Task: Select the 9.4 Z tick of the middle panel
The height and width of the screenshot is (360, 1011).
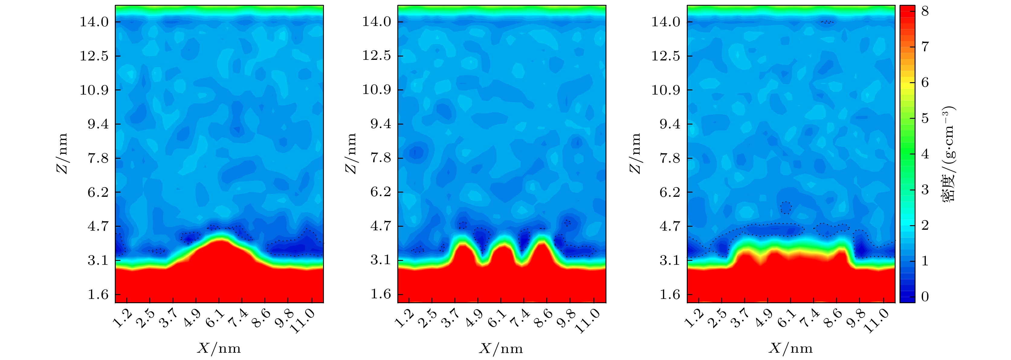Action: click(377, 124)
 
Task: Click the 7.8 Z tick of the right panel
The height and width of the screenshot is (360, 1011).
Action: click(667, 158)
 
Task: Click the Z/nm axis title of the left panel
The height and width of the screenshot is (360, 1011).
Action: click(62, 153)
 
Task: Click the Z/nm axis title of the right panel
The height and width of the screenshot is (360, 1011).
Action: click(635, 153)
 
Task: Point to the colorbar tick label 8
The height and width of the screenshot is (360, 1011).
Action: click(925, 11)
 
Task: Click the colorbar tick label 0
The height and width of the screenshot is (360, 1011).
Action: click(925, 297)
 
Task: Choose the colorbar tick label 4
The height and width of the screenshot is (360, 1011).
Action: click(925, 154)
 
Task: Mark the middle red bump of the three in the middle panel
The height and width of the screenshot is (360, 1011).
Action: click(502, 251)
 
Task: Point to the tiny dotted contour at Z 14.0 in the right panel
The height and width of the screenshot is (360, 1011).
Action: click(827, 22)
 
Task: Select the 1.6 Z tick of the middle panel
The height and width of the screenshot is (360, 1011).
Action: click(381, 294)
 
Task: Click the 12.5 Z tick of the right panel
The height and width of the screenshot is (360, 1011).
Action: click(667, 56)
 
